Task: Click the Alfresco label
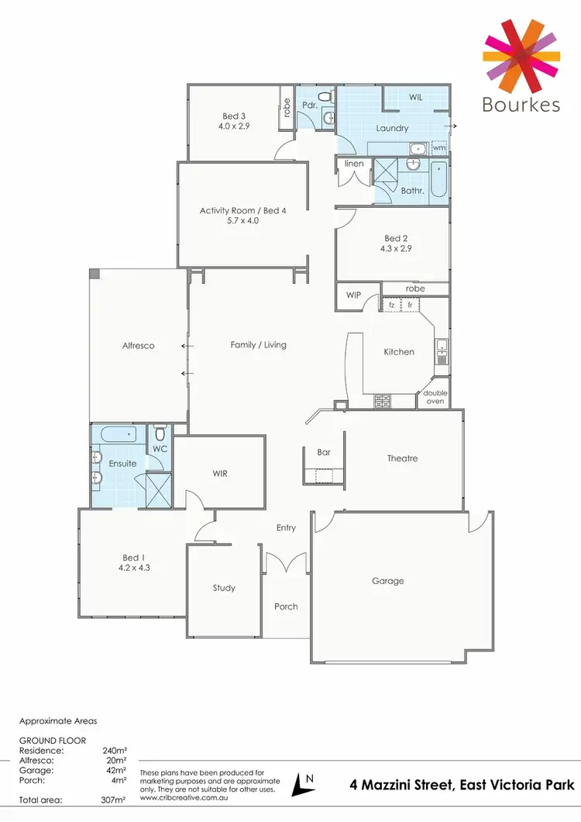click(x=138, y=346)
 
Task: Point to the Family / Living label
click(x=258, y=344)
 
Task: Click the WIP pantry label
click(x=354, y=295)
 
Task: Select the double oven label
click(x=435, y=397)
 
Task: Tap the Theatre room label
click(x=402, y=458)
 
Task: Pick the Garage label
click(x=387, y=581)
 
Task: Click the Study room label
click(x=224, y=588)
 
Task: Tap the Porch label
click(x=286, y=606)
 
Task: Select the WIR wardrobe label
click(x=219, y=473)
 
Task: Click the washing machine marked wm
click(x=439, y=147)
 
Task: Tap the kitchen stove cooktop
click(x=383, y=401)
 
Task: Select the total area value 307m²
click(x=114, y=798)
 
